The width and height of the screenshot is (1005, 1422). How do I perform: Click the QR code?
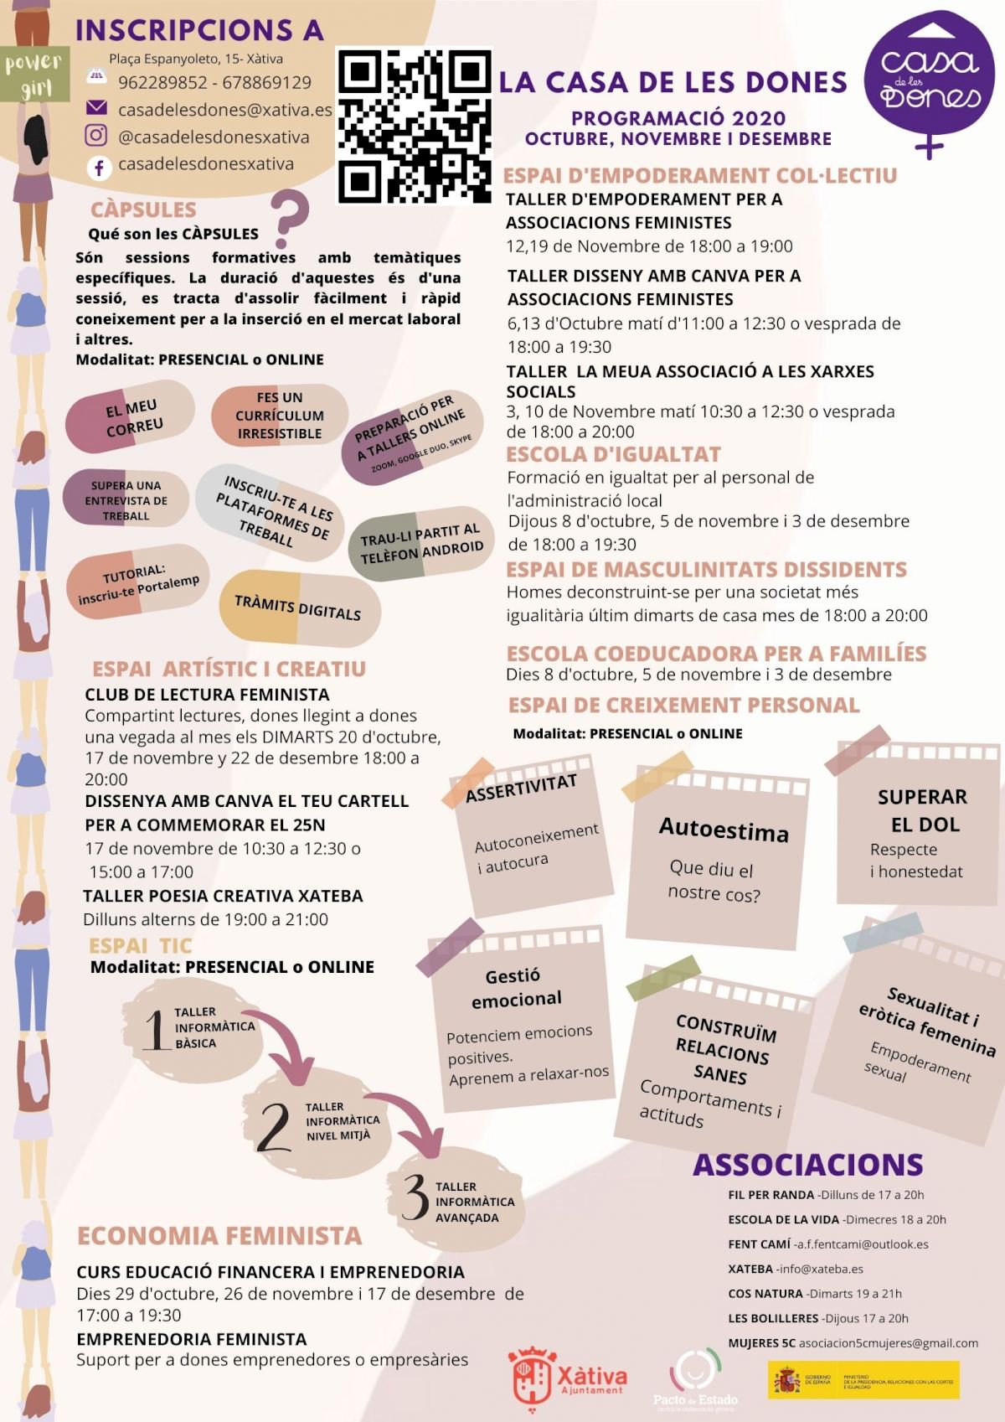(x=414, y=127)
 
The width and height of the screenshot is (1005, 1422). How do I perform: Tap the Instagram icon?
(x=97, y=136)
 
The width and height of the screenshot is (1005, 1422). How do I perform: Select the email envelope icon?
(x=97, y=108)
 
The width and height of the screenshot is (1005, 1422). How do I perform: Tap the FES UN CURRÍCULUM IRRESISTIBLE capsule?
(x=279, y=416)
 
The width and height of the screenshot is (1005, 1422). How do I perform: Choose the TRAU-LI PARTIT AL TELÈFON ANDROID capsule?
(x=421, y=544)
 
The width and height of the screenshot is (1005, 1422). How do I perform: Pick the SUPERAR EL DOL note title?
(x=923, y=810)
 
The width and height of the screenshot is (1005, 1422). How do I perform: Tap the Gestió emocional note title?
(x=514, y=987)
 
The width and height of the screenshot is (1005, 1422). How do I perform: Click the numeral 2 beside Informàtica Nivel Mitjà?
(x=274, y=1126)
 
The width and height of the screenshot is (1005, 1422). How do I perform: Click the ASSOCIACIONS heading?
(x=807, y=1165)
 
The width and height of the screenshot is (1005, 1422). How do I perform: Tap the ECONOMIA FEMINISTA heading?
(x=219, y=1236)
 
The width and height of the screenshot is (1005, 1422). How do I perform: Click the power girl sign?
(x=33, y=74)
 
